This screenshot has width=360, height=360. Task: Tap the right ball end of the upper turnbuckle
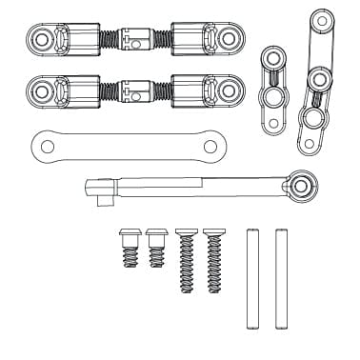coord(228,39)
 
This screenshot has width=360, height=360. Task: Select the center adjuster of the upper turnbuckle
coord(135,40)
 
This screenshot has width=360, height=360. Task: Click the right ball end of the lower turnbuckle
coord(228,90)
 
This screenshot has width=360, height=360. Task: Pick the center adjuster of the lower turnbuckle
coord(135,90)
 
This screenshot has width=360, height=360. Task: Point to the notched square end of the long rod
coord(98,182)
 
